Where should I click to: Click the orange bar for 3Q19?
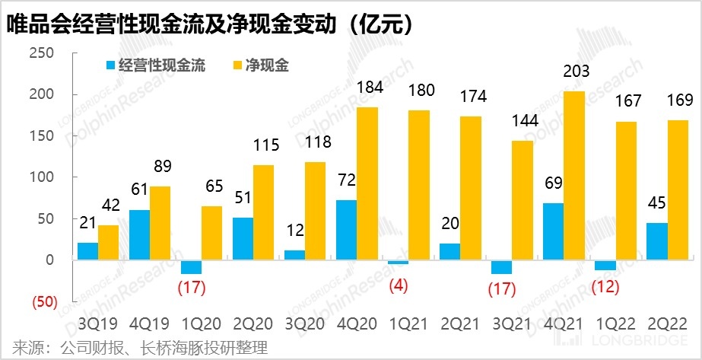tap(109, 242)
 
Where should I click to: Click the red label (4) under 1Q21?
tap(399, 288)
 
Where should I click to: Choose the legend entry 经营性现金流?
tap(156, 65)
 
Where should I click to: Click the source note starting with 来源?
tap(137, 348)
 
